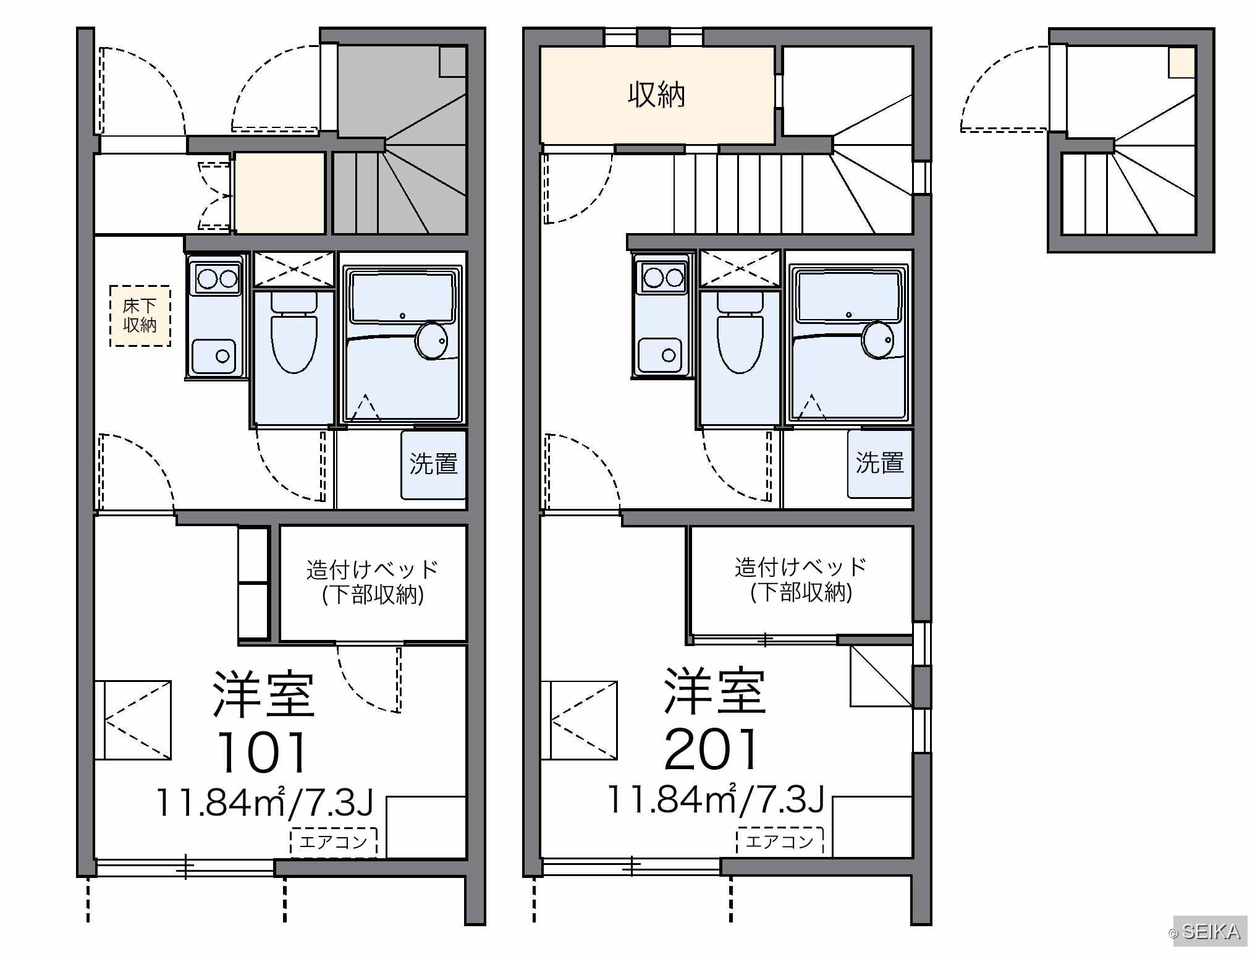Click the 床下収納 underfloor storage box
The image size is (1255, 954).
[140, 315]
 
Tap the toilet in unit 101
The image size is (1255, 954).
[294, 333]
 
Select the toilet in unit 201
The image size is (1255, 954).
[740, 333]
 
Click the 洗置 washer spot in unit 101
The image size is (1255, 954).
[433, 464]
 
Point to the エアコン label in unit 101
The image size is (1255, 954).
[334, 842]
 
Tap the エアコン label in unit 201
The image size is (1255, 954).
[780, 841]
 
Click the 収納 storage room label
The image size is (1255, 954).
[656, 95]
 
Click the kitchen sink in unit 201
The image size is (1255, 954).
[662, 356]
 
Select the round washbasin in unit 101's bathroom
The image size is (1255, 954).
[432, 340]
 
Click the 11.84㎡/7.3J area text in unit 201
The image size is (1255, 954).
[717, 799]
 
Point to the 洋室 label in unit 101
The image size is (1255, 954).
[264, 694]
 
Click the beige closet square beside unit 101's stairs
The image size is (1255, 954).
[280, 193]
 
